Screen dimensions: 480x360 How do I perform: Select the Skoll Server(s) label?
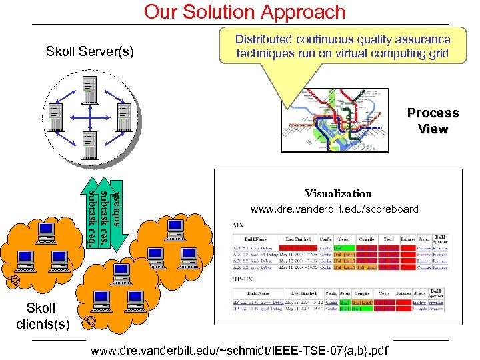pyautogui.click(x=89, y=51)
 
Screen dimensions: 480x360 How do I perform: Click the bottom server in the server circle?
pyautogui.click(x=89, y=143)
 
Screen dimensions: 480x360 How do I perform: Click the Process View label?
pyautogui.click(x=433, y=121)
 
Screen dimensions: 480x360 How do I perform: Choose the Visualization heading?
pyautogui.click(x=338, y=193)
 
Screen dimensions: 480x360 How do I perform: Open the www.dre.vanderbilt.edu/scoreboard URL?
pyautogui.click(x=335, y=209)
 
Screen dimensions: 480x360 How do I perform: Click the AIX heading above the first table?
pyautogui.click(x=237, y=225)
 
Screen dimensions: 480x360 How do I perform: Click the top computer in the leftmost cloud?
pyautogui.click(x=45, y=231)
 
